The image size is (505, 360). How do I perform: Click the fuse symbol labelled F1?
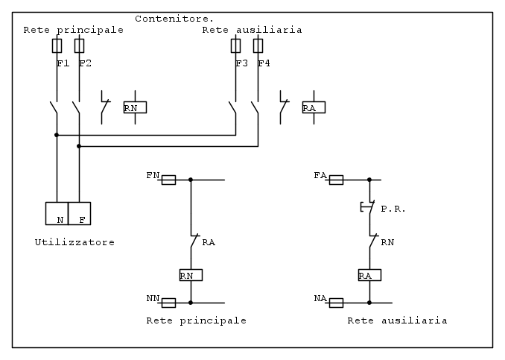[57, 46]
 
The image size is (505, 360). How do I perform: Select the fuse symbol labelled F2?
[79, 46]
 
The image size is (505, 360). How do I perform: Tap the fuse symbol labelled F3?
[235, 46]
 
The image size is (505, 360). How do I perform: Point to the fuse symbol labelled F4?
[258, 46]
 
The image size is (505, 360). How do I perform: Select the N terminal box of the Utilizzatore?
[57, 213]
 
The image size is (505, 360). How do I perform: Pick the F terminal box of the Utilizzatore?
[79, 213]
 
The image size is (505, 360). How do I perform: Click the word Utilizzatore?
[74, 242]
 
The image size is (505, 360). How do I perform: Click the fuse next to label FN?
[168, 180]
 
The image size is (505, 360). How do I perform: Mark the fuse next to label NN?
[168, 303]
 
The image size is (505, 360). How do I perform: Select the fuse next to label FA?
[336, 180]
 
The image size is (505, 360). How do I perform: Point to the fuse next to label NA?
[336, 303]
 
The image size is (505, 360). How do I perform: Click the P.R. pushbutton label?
[393, 209]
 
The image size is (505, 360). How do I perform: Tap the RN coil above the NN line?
[191, 275]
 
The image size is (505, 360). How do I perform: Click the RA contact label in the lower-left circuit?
[209, 242]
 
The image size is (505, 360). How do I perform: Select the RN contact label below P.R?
[387, 242]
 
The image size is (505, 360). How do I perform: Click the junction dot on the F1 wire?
[57, 135]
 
